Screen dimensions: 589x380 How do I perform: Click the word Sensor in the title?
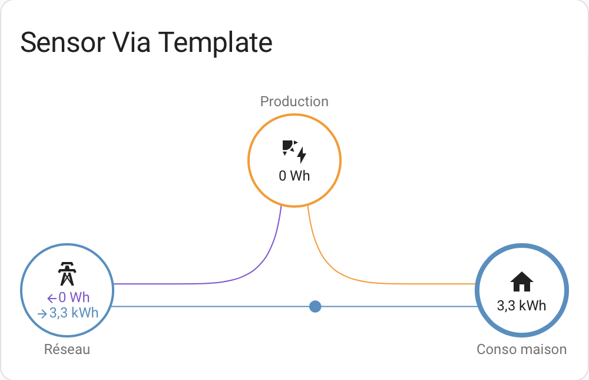click(x=63, y=42)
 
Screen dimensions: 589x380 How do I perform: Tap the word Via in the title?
click(x=131, y=42)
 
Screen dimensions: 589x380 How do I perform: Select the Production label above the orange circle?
click(x=294, y=101)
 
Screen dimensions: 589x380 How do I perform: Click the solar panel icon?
click(x=290, y=147)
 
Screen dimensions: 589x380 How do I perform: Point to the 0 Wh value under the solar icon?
click(x=294, y=176)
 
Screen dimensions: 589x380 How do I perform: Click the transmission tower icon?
click(x=67, y=274)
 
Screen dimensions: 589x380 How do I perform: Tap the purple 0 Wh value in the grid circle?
click(x=74, y=297)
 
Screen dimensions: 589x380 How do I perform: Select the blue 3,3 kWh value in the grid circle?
click(x=74, y=313)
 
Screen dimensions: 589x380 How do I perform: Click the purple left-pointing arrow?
click(x=52, y=299)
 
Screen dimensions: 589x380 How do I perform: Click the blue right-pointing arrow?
click(x=42, y=313)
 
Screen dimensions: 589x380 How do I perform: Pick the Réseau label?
click(x=67, y=349)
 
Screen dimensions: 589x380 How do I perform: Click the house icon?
click(x=522, y=281)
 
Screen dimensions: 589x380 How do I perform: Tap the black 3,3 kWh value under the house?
click(x=521, y=306)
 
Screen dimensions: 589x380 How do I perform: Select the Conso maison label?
click(x=521, y=349)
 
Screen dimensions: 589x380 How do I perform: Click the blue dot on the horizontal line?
click(x=315, y=307)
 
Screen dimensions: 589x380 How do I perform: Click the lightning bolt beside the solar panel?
click(x=302, y=155)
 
